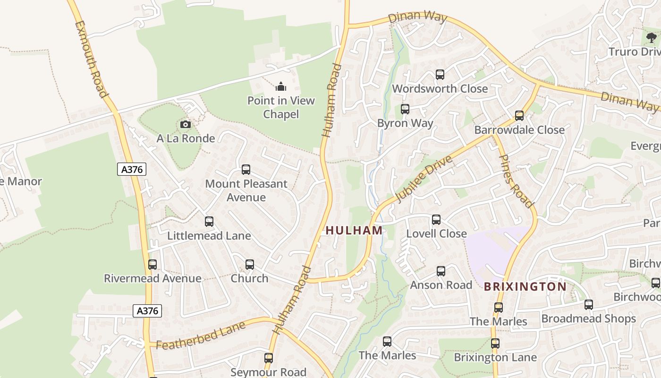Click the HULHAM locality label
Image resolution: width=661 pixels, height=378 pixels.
354,230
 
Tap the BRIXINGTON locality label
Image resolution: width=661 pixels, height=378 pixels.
525,286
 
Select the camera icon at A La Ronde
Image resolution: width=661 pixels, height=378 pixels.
186,125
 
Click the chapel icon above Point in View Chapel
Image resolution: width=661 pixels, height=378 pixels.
281,86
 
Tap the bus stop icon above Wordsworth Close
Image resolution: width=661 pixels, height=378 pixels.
440,75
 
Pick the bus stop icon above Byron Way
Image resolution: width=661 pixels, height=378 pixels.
405,109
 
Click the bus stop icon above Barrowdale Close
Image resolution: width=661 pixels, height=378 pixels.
519,116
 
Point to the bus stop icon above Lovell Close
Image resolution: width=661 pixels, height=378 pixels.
436,220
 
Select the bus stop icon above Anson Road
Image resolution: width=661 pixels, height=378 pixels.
441,271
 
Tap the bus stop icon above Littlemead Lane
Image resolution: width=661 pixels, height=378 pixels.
209,222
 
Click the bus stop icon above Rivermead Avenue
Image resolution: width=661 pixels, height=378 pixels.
153,265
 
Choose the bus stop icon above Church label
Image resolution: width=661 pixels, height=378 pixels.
250,265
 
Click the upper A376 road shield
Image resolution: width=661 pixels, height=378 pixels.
132,169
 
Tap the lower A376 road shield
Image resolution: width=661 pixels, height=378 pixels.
147,310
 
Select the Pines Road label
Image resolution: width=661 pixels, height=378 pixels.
516,181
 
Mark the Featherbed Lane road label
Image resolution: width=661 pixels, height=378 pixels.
201,336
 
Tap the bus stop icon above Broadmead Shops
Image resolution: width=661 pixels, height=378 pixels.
588,305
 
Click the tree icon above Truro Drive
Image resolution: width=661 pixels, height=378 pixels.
652,38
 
